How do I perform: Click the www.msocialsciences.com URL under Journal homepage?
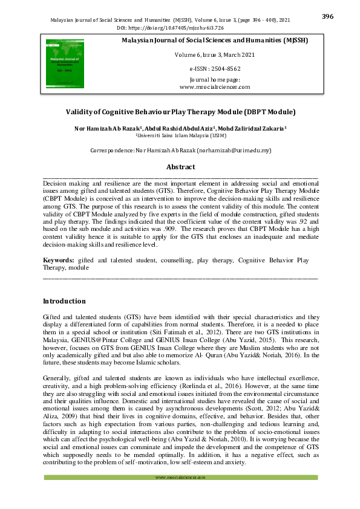(x=215, y=87)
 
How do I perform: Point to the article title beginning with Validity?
(x=180, y=112)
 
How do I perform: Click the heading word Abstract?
(x=180, y=167)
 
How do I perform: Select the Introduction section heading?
(x=64, y=301)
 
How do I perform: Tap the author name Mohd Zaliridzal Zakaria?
(x=252, y=129)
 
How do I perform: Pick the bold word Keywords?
(x=58, y=260)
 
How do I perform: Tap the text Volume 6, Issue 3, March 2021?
(x=215, y=54)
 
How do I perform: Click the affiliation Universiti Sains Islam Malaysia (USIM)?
(x=181, y=136)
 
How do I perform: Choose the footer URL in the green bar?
(x=180, y=494)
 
